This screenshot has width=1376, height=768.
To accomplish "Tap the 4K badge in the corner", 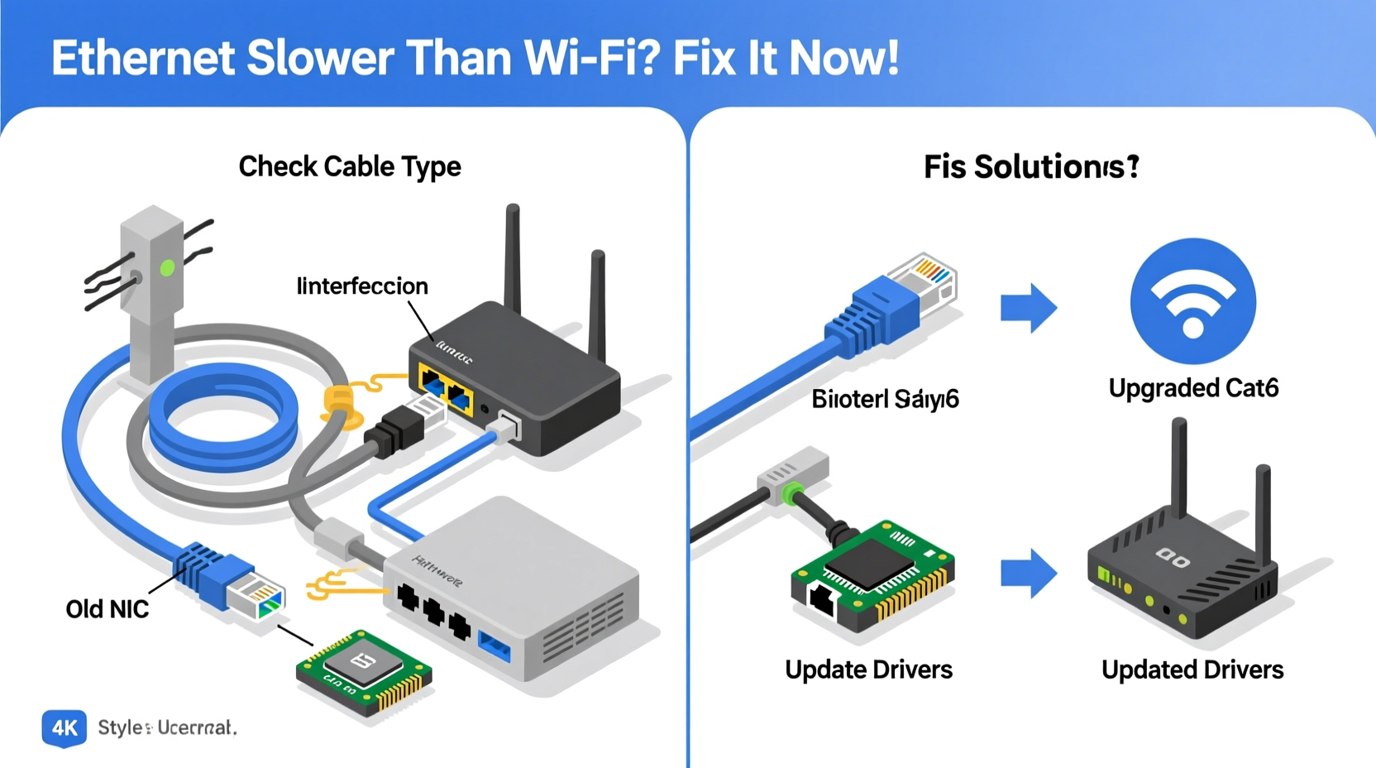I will pyautogui.click(x=64, y=727).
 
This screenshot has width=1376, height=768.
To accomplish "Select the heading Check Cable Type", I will pyautogui.click(x=350, y=166).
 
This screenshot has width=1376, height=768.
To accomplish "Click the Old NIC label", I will pyautogui.click(x=107, y=609).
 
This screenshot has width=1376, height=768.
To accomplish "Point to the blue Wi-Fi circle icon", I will pyautogui.click(x=1192, y=301).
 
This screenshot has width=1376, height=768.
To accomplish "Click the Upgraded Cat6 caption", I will pyautogui.click(x=1193, y=388).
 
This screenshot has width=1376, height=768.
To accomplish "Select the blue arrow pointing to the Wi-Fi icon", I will pyautogui.click(x=1028, y=308).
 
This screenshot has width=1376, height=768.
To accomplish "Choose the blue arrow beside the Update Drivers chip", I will pyautogui.click(x=1028, y=572).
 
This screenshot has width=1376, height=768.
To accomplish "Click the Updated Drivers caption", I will pyautogui.click(x=1192, y=670).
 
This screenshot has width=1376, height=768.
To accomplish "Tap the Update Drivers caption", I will pyautogui.click(x=868, y=670).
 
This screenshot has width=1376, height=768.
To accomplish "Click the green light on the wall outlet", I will pyautogui.click(x=167, y=268).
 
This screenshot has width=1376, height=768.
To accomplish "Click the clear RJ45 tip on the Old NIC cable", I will pyautogui.click(x=257, y=597).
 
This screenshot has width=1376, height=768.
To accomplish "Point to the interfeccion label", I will pyautogui.click(x=362, y=286).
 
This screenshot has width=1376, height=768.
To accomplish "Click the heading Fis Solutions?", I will pyautogui.click(x=1031, y=167).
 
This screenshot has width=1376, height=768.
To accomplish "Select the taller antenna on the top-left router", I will pyautogui.click(x=514, y=257).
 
